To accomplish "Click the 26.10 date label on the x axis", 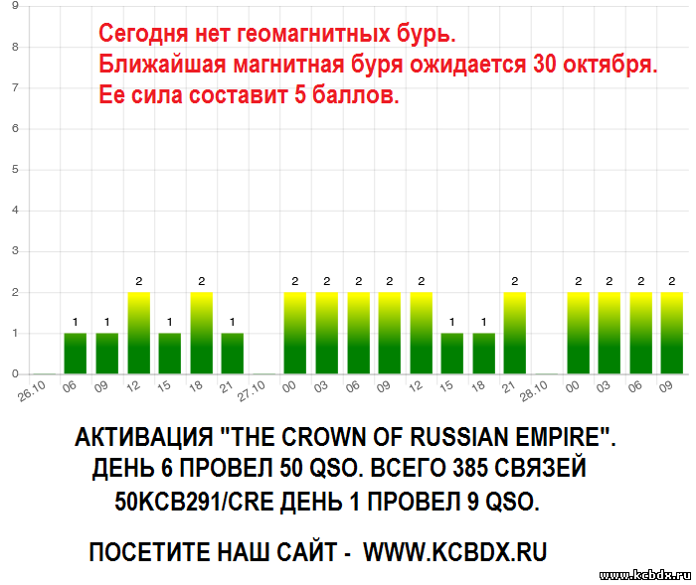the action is (32, 391).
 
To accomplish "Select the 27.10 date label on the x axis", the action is (251, 391).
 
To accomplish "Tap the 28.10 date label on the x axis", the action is (534, 391).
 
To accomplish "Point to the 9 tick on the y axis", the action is (15, 6).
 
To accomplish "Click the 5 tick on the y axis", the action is (15, 169).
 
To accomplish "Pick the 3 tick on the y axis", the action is (15, 250).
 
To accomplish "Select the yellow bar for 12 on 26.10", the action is (139, 333).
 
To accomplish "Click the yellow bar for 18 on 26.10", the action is (202, 333).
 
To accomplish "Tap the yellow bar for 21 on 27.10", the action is (515, 333).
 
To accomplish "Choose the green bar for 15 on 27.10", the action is (451, 354).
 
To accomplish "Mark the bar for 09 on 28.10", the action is (672, 333).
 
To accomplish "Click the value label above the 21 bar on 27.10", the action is (515, 281).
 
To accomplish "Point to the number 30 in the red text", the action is (545, 64).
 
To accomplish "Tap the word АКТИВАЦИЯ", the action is (144, 437).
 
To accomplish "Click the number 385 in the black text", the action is (469, 468).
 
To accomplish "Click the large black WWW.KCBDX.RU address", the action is (455, 552).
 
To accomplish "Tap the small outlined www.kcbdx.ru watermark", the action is (645, 576).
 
